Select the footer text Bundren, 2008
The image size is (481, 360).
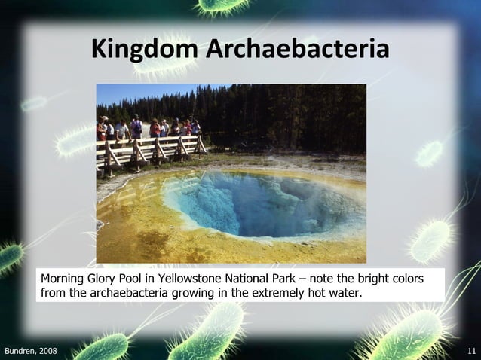click(30, 352)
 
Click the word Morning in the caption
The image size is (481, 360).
click(64, 279)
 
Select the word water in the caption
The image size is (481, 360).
click(345, 292)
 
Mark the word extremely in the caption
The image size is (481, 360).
click(272, 292)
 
